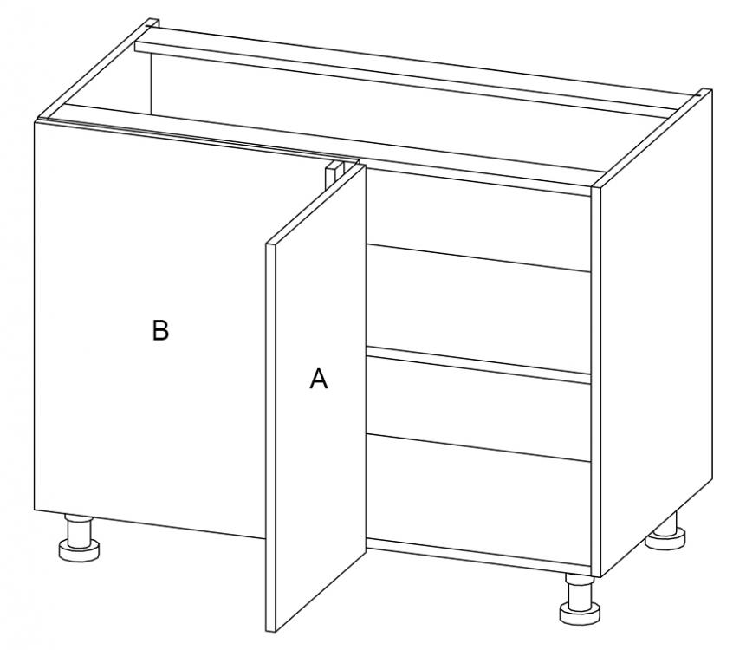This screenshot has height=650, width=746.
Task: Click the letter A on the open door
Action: [x=318, y=378]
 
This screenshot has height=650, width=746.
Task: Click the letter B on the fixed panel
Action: [x=160, y=329]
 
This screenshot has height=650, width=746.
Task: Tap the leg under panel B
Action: [x=79, y=537]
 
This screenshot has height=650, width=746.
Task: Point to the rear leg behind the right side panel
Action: [x=665, y=532]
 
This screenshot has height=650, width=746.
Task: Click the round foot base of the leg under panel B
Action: [x=79, y=550]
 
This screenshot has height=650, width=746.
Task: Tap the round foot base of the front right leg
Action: [x=580, y=613]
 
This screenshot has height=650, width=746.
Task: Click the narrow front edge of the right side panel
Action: [x=595, y=381]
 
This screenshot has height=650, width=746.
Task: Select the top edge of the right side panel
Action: [x=651, y=138]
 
